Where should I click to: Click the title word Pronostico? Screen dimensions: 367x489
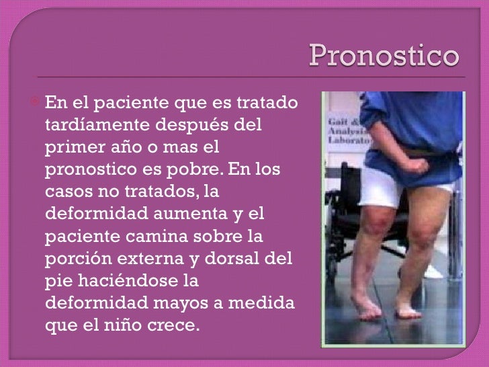(384, 58)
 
